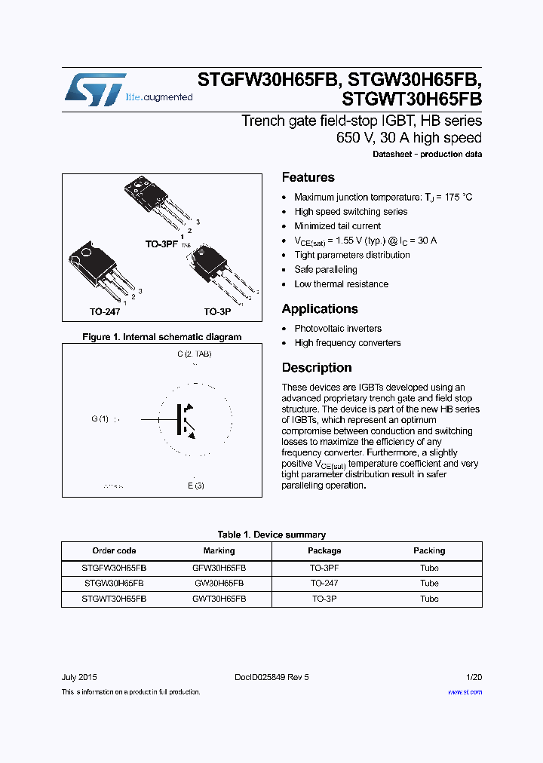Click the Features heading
point(308,178)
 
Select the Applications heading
point(319,309)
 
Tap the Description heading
point(316,368)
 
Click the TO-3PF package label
point(161,245)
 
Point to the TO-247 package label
point(84,311)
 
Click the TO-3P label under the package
point(217,311)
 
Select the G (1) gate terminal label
point(100,419)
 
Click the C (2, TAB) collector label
point(194,354)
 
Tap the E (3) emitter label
point(196,486)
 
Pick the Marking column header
point(219,551)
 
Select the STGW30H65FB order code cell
point(114,584)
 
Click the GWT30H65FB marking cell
point(219,599)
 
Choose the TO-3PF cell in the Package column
point(324,568)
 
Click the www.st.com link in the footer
point(465,692)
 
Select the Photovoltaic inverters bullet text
point(338,329)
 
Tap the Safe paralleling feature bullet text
point(326,270)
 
